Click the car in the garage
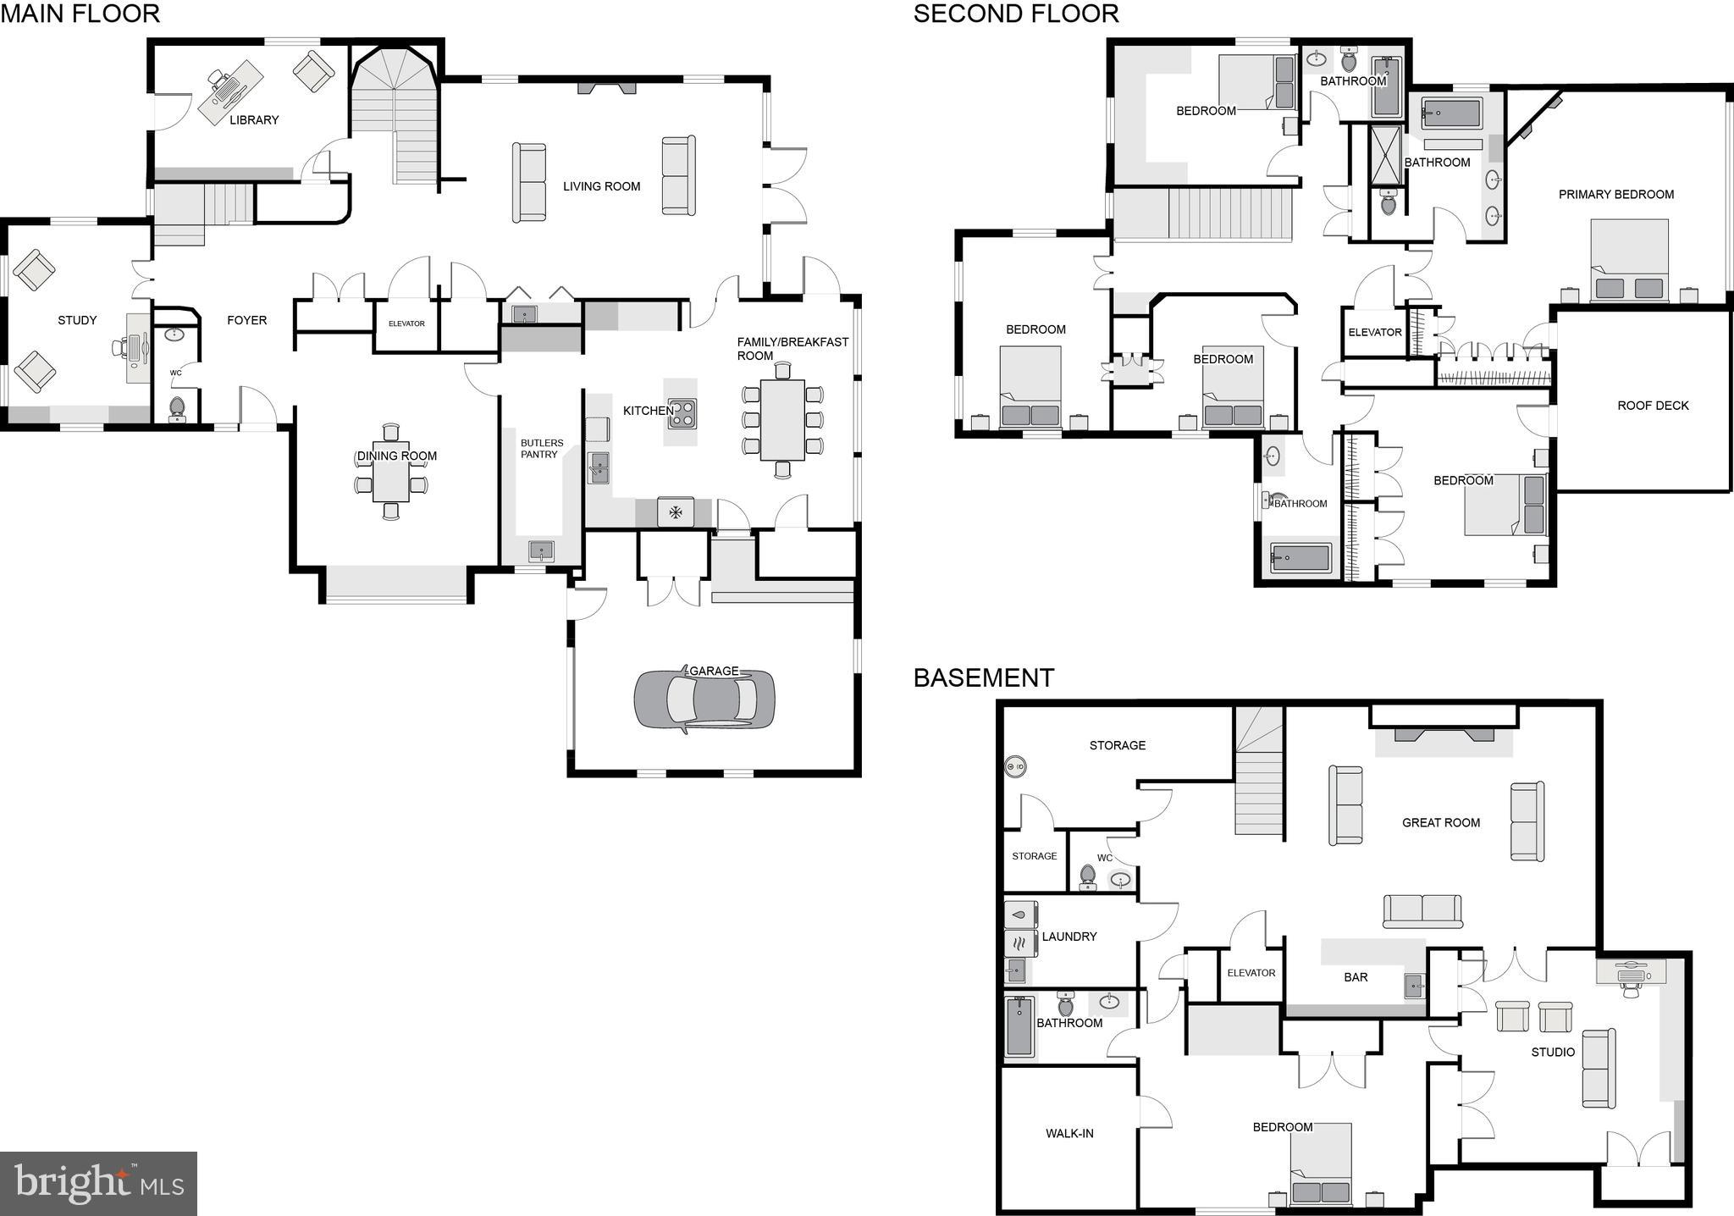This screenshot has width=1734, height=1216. (704, 699)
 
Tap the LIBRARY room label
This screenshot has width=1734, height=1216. (254, 120)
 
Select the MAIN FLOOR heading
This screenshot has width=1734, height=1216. (80, 14)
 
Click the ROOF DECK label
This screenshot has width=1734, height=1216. (1653, 406)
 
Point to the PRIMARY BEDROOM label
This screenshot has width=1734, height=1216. (1615, 195)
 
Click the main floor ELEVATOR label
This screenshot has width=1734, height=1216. (406, 323)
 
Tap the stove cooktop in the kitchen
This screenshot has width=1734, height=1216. (682, 412)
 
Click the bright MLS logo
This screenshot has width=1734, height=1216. (98, 1183)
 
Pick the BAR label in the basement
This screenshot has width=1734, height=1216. (1356, 977)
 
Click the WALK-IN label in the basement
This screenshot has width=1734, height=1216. (1069, 1133)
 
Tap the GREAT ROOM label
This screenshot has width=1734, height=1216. (1440, 822)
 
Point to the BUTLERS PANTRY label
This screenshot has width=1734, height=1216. (541, 449)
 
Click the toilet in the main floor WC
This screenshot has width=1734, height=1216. (177, 408)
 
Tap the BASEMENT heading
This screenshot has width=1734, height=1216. (983, 678)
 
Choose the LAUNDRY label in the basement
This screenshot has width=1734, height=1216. (1069, 937)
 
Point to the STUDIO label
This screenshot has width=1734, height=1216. (1553, 1053)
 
